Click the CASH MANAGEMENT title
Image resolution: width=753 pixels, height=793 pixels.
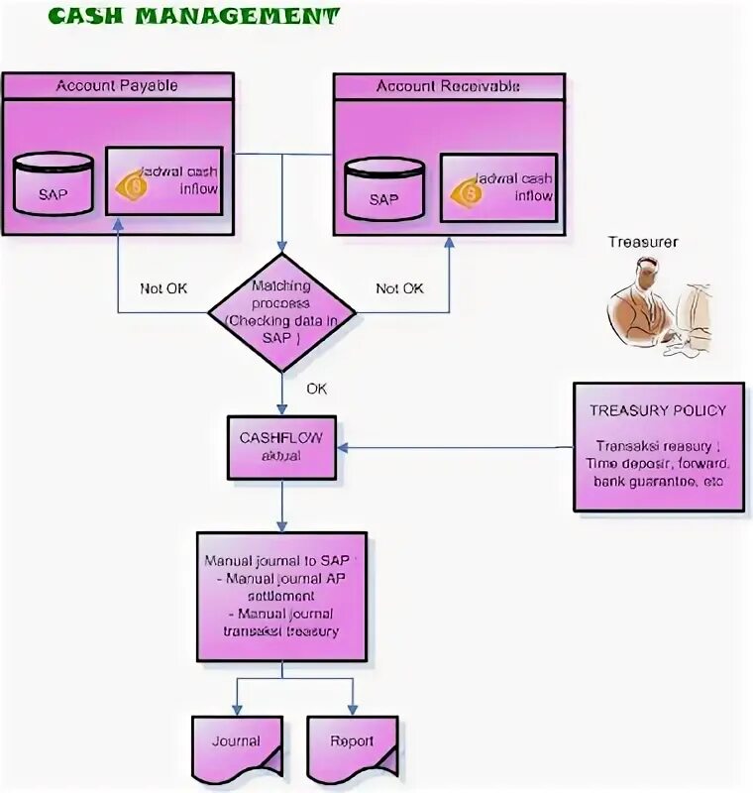(193, 17)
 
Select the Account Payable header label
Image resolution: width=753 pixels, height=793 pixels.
(117, 85)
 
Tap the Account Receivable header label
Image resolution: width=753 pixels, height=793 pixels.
(448, 86)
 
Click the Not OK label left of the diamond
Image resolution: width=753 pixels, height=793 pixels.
(163, 288)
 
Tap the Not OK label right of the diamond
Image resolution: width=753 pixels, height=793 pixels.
(399, 288)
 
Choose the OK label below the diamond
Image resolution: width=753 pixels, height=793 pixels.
(316, 389)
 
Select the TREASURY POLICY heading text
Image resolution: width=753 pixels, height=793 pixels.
(657, 410)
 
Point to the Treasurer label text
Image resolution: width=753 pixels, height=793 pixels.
(643, 241)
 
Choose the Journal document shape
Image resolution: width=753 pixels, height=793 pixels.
(236, 743)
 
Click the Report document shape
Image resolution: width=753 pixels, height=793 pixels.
(352, 743)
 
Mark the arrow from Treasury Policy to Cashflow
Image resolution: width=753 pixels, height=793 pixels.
(456, 447)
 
